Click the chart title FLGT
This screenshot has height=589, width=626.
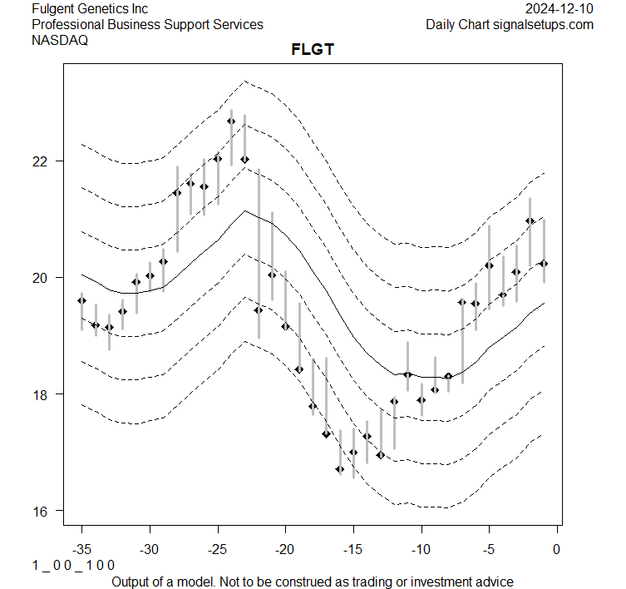[312, 50]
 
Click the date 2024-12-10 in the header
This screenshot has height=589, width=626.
[559, 9]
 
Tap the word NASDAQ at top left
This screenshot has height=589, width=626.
[59, 40]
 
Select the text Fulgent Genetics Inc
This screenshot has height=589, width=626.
[90, 9]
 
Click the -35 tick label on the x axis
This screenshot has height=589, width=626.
[81, 549]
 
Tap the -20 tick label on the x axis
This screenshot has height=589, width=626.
[285, 549]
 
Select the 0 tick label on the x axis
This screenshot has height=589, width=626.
[556, 549]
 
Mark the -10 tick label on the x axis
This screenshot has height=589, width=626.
[421, 549]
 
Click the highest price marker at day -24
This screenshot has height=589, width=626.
[231, 121]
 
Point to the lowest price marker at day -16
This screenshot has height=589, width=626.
[339, 469]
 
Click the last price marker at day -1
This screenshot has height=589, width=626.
[543, 263]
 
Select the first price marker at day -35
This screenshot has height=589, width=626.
[81, 300]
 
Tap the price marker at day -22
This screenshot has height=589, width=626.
[258, 309]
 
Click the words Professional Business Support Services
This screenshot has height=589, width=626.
[147, 25]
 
